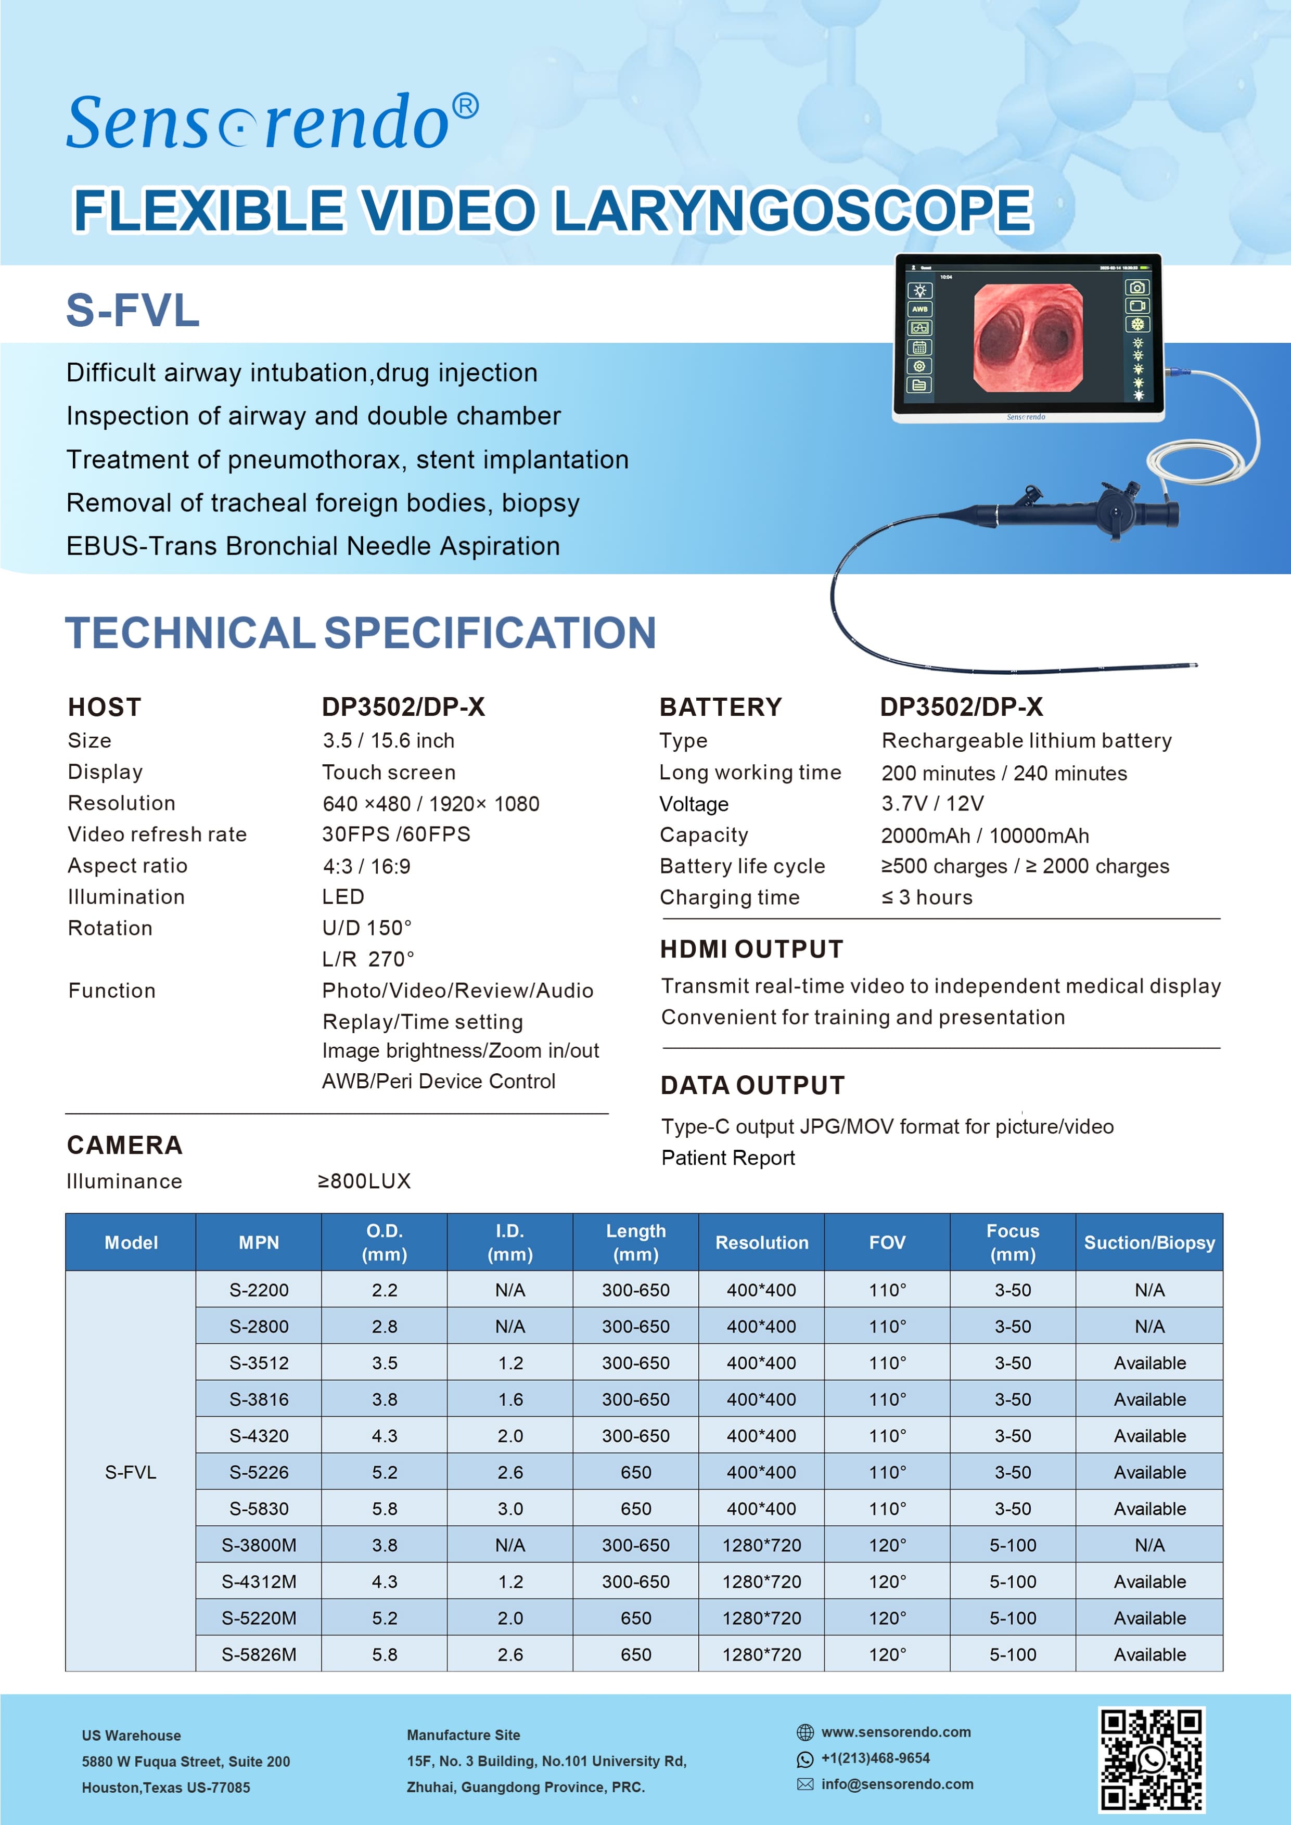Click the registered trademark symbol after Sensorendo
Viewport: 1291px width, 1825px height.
tap(465, 107)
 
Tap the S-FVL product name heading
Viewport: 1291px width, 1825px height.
tap(132, 310)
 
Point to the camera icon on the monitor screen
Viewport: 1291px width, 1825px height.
tap(1137, 287)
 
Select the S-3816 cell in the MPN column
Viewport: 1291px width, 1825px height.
tap(259, 1399)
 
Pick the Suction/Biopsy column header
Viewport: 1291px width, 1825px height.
tap(1149, 1242)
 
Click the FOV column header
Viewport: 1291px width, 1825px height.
tap(887, 1242)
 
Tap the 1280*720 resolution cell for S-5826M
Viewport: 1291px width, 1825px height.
tap(762, 1654)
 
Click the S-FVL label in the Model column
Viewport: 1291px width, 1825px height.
tap(131, 1472)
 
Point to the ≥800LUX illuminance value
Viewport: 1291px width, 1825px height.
tap(364, 1181)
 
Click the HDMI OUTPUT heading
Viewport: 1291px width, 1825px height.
tap(751, 949)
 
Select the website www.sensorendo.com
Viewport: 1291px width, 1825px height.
tap(896, 1732)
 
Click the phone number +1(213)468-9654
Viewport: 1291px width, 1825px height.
tap(875, 1758)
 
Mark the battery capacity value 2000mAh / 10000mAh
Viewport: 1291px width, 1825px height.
tap(985, 836)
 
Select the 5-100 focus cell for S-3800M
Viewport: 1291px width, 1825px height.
tap(1013, 1545)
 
